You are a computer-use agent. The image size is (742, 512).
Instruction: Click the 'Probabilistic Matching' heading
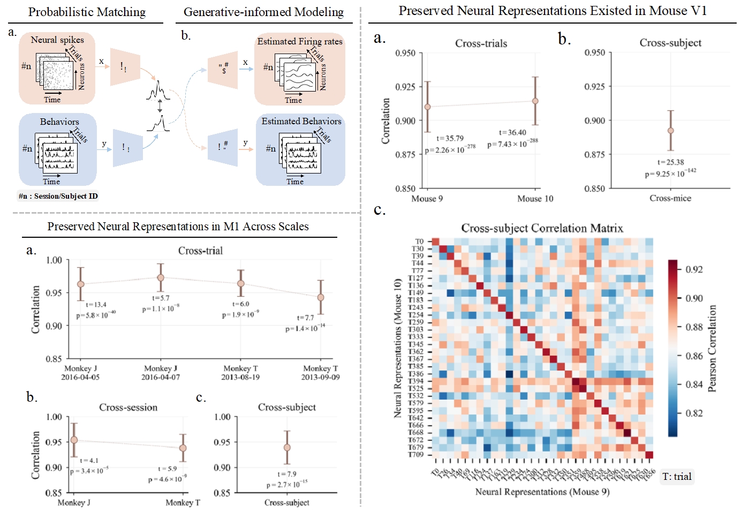click(x=87, y=12)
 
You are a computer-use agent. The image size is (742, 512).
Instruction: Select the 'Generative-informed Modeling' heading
click(x=263, y=12)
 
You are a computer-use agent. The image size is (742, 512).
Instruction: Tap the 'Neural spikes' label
click(x=57, y=40)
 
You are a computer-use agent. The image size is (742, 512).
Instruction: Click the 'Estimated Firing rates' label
click(x=300, y=41)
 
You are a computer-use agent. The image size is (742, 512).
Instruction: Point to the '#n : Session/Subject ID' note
click(x=58, y=196)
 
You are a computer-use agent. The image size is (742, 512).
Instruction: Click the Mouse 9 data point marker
click(x=427, y=107)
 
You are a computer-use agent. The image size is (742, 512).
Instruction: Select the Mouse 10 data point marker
click(x=535, y=101)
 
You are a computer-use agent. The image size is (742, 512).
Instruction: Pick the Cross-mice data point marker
click(x=671, y=131)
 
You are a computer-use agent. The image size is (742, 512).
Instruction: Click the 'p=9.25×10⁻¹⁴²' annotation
click(x=670, y=174)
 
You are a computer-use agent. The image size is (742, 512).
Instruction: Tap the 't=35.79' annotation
click(x=450, y=138)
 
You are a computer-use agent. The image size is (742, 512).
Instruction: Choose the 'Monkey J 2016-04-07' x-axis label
click(x=161, y=373)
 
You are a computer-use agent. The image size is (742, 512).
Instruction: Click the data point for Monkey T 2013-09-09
click(x=321, y=297)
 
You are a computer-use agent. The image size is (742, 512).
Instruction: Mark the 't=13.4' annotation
click(x=96, y=305)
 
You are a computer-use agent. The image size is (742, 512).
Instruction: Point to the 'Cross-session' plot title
click(x=128, y=408)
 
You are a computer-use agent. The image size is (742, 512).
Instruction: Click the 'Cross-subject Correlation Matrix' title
click(x=542, y=228)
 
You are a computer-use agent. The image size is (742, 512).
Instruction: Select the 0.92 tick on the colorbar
click(x=694, y=269)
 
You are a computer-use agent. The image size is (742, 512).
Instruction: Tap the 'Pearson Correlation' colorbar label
click(x=713, y=348)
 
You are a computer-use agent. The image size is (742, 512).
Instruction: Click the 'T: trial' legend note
click(x=677, y=477)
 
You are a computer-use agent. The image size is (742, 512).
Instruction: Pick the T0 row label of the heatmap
click(x=419, y=242)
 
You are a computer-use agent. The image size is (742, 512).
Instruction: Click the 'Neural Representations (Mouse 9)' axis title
click(x=542, y=492)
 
